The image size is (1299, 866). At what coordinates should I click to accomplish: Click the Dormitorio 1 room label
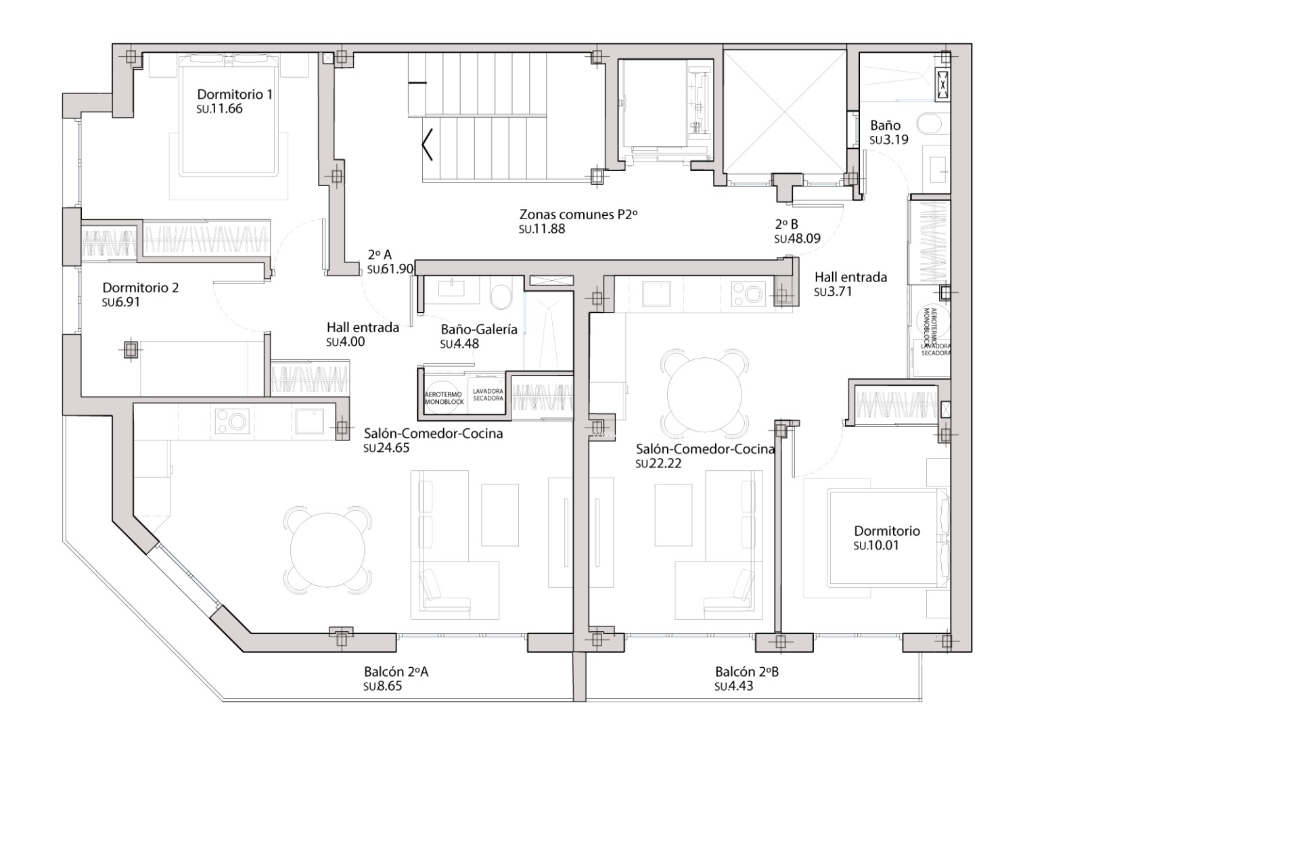click(234, 94)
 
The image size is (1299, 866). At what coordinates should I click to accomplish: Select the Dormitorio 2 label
click(140, 288)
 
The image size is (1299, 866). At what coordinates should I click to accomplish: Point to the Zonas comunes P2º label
click(578, 214)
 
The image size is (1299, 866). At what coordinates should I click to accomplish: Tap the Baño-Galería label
click(478, 329)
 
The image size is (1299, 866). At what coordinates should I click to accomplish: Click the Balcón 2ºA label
click(396, 672)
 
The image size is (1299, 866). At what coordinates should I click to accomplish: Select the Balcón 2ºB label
click(747, 672)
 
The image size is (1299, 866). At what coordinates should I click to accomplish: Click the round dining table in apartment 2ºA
click(327, 549)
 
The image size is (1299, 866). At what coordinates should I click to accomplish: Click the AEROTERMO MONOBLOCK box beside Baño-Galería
click(444, 398)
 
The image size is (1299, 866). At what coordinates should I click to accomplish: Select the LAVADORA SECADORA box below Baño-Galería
click(488, 395)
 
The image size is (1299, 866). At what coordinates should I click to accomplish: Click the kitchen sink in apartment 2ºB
click(655, 293)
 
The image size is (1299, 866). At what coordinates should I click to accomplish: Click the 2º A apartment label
click(380, 255)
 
